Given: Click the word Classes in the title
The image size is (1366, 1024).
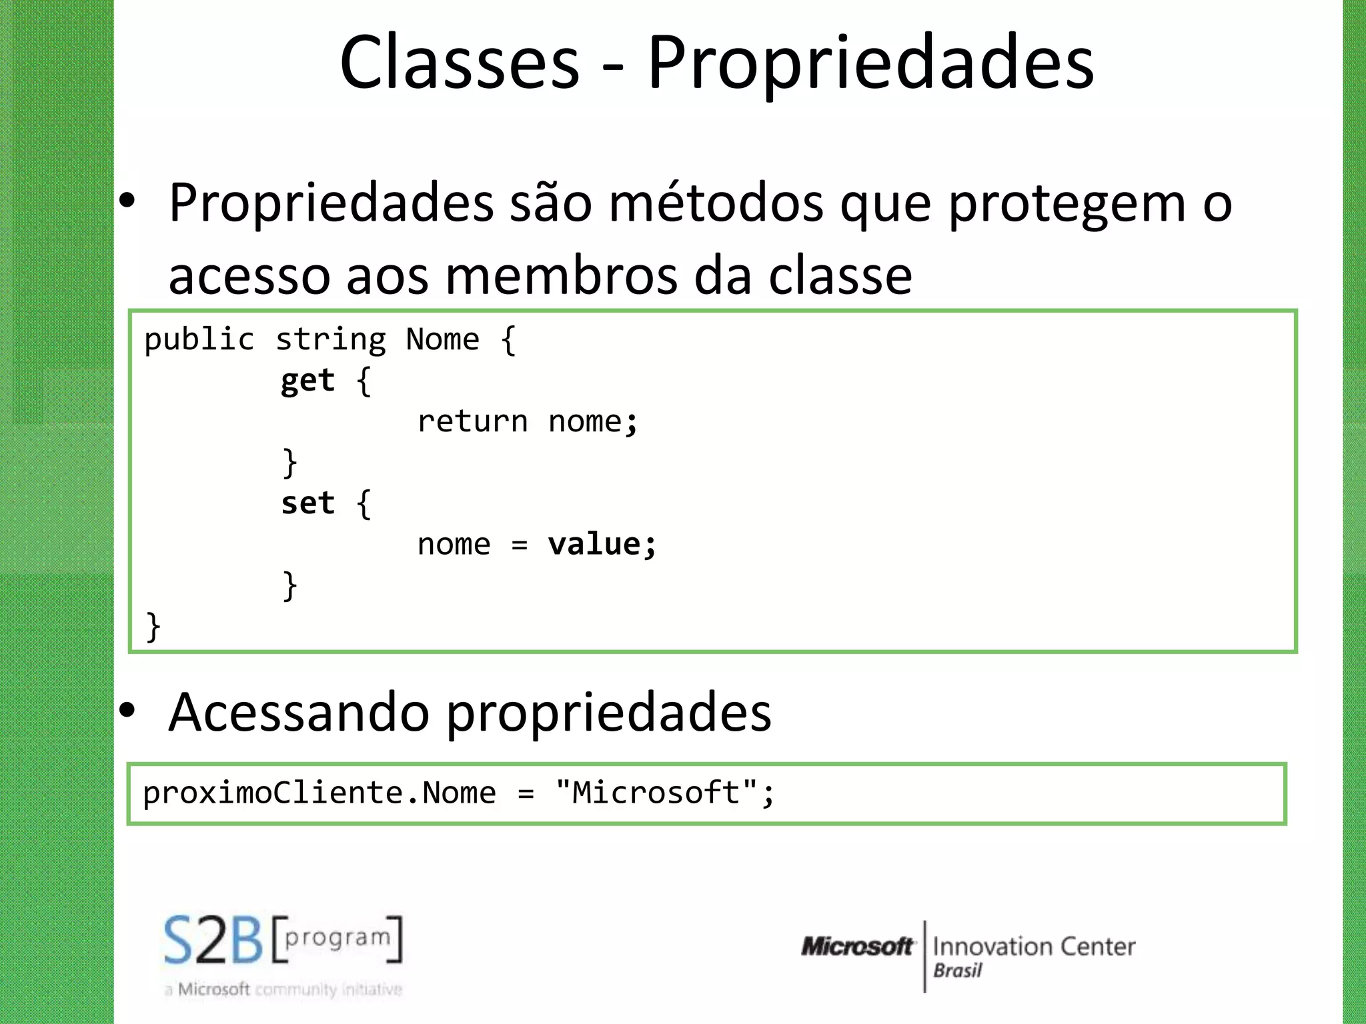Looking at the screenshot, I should point(460,63).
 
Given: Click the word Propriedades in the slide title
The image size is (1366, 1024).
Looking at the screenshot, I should point(870,63).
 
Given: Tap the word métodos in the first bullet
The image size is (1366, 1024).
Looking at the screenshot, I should point(716,203).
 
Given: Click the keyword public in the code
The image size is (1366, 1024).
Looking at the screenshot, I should point(199,339).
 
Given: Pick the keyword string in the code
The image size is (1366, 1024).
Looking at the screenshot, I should point(331,339).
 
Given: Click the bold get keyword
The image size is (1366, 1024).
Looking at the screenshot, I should point(307,381).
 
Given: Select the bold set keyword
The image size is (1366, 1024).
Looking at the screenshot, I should point(307,503).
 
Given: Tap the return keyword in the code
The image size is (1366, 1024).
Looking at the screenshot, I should point(472,421).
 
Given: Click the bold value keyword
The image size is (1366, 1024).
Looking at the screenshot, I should point(594,544).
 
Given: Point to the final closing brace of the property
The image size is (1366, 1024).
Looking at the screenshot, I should point(153,627).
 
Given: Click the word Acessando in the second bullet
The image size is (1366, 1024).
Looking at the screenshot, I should point(298,712).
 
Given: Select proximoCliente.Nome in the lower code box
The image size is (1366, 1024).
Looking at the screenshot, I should point(319,793).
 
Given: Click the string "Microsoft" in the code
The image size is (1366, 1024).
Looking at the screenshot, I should point(656,793).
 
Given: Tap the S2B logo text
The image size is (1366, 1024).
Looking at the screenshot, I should point(213,941).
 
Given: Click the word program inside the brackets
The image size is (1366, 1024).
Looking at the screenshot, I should point(337,937).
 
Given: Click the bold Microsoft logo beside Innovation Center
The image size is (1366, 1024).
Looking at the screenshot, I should point(857,946).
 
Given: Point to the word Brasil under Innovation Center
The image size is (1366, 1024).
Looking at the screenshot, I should point(957,971).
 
